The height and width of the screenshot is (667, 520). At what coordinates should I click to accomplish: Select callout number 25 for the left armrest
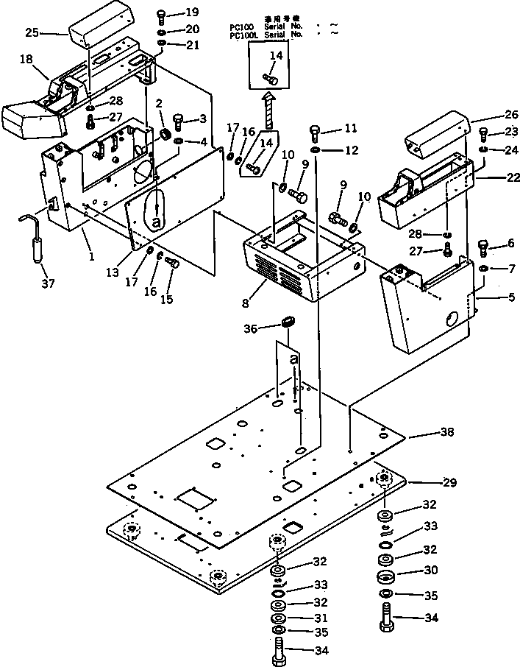(32, 32)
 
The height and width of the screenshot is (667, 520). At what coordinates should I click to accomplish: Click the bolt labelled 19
(163, 15)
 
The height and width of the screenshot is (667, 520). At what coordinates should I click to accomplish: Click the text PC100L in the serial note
(242, 35)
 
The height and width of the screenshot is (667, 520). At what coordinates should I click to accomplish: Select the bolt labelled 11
(315, 133)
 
